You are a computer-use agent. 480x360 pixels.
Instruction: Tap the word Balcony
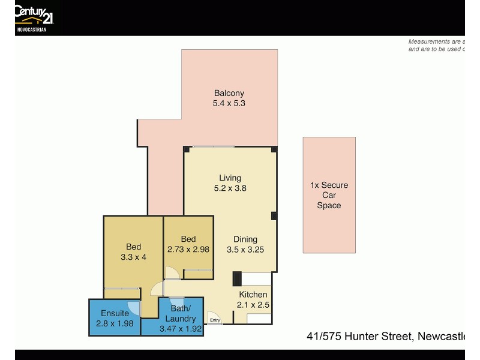click(x=229, y=93)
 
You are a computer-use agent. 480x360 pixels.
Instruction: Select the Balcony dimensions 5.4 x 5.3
click(x=229, y=103)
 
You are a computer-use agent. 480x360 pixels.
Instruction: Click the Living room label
click(x=230, y=178)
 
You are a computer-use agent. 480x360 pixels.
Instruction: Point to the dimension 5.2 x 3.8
click(x=230, y=188)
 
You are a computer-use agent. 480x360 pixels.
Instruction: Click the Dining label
click(x=245, y=239)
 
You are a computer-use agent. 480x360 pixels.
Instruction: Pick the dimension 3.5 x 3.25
click(x=245, y=250)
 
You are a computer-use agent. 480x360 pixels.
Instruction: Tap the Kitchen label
click(x=253, y=295)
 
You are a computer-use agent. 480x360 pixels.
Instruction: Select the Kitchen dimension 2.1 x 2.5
click(x=253, y=305)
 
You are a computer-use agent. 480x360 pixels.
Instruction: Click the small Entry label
click(x=215, y=320)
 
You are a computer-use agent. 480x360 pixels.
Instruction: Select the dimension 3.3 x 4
click(x=133, y=257)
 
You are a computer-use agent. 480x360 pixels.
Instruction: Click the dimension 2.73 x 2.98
click(x=188, y=250)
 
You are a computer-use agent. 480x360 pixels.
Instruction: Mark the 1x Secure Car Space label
click(x=329, y=195)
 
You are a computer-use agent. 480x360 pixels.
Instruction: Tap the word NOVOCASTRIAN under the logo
click(x=31, y=29)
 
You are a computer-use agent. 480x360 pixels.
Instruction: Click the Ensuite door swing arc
click(x=134, y=308)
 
